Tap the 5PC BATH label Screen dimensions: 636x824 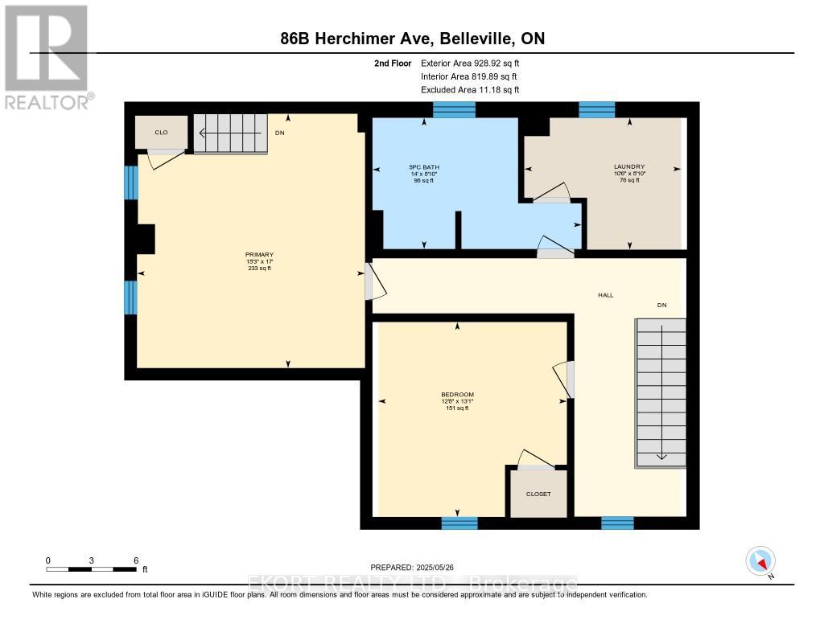424,167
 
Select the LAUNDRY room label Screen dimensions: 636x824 629,167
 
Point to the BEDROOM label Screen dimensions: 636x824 457,395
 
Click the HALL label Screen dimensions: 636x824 605,295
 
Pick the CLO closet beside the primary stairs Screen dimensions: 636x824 161,132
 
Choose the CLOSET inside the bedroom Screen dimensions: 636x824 538,494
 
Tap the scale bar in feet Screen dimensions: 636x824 92,568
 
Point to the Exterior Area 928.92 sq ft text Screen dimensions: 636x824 475,63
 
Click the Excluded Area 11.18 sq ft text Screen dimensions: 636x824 470,90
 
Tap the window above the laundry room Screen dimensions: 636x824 597,109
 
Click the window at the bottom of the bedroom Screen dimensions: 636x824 459,523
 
